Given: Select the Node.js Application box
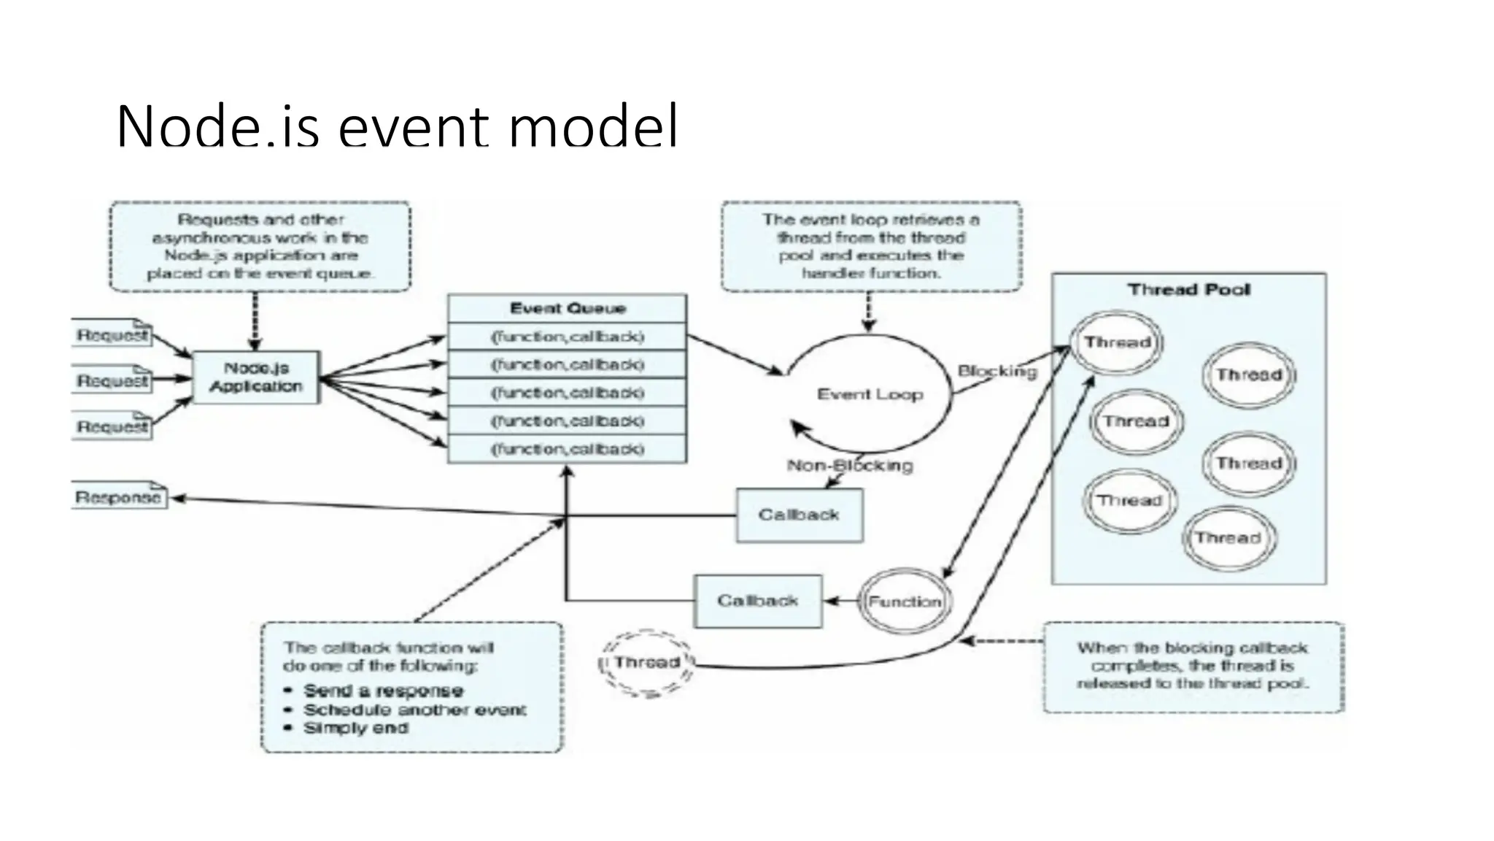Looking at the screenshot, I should [256, 377].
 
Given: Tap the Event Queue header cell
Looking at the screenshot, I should [567, 308].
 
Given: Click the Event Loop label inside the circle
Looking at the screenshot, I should [870, 394].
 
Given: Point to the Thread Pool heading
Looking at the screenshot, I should [1188, 290].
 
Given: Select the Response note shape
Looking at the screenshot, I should [119, 497].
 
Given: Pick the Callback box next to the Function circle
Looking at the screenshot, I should [757, 601].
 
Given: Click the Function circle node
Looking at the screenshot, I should [905, 602].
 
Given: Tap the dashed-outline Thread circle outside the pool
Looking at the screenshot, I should [646, 663].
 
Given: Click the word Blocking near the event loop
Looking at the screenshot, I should [996, 371].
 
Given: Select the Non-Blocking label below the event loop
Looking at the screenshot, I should [850, 465].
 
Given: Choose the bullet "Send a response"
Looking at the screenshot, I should [383, 691].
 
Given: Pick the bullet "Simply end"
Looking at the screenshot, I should [355, 728].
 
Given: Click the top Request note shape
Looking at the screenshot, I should [113, 334].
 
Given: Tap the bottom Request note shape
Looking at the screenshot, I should [113, 426].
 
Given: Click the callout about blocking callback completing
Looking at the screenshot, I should [1193, 666].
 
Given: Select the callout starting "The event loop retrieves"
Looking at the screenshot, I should [871, 246].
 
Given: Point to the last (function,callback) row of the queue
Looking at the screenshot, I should [567, 449].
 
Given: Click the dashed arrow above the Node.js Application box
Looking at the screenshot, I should [255, 321].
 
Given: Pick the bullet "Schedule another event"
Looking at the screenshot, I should [414, 710].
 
